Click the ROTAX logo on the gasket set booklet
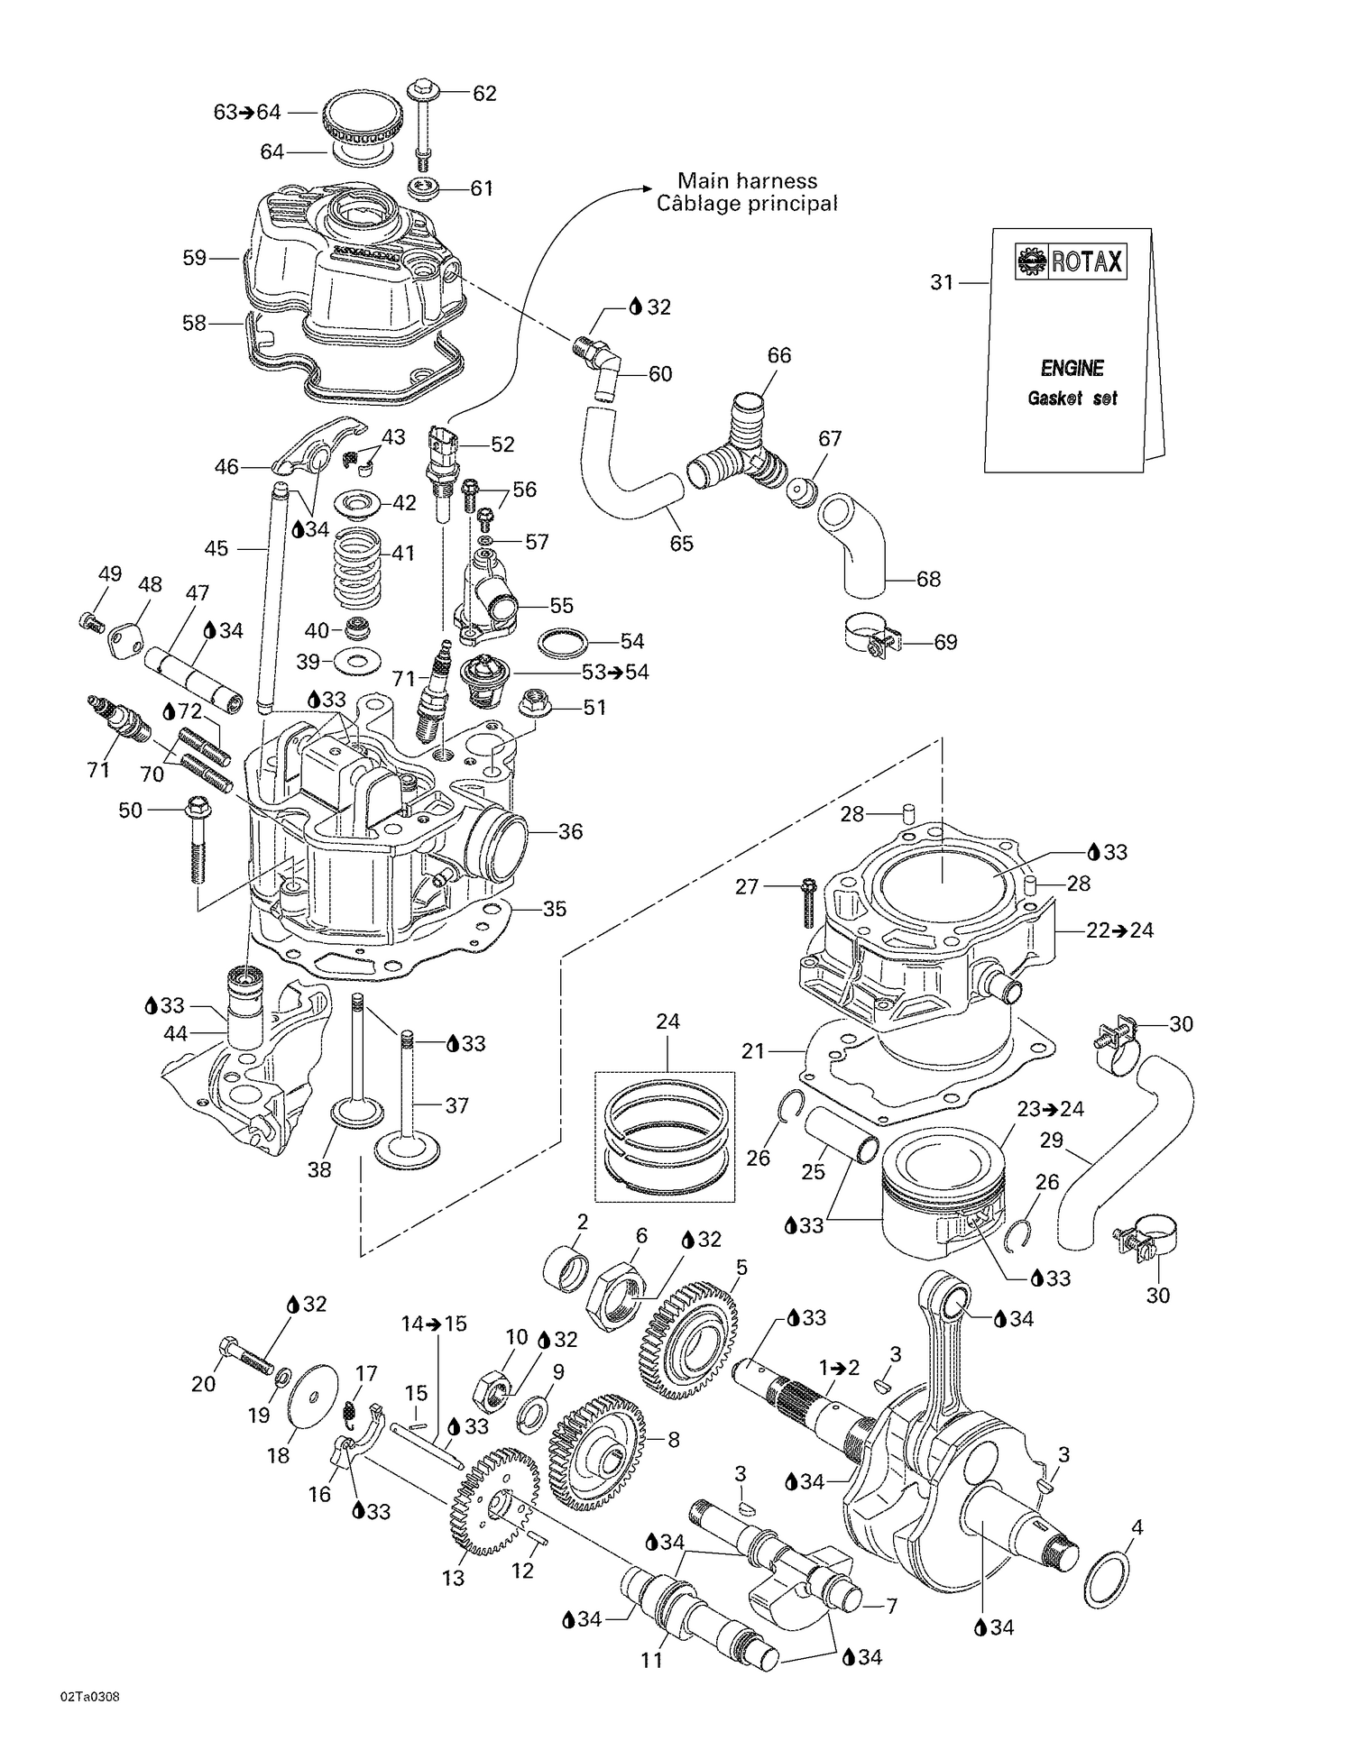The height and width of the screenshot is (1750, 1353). tap(1071, 261)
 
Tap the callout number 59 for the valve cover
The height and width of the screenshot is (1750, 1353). tap(194, 258)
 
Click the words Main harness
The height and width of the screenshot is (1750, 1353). tap(747, 180)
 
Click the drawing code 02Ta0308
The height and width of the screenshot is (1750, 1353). tap(89, 1722)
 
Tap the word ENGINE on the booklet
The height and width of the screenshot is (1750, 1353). tap(1072, 368)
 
